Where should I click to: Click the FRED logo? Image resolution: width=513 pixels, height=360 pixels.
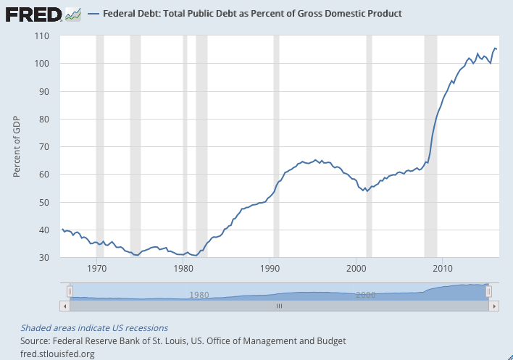33,14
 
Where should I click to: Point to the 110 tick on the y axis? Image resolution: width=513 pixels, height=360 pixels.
42,36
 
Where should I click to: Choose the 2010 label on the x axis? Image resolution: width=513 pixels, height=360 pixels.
442,268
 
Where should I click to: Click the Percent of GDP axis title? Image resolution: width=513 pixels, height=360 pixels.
18,146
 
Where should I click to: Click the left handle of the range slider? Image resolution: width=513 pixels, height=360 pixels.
70,291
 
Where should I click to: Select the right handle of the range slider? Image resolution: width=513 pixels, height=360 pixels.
489,291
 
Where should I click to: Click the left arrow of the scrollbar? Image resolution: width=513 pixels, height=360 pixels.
66,306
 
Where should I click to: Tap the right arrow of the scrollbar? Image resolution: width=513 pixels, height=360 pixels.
493,306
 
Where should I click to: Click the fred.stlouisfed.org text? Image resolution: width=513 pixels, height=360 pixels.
58,353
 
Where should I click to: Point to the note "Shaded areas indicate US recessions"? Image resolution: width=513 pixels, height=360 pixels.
94,328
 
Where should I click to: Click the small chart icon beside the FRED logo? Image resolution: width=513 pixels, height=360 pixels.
72,14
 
